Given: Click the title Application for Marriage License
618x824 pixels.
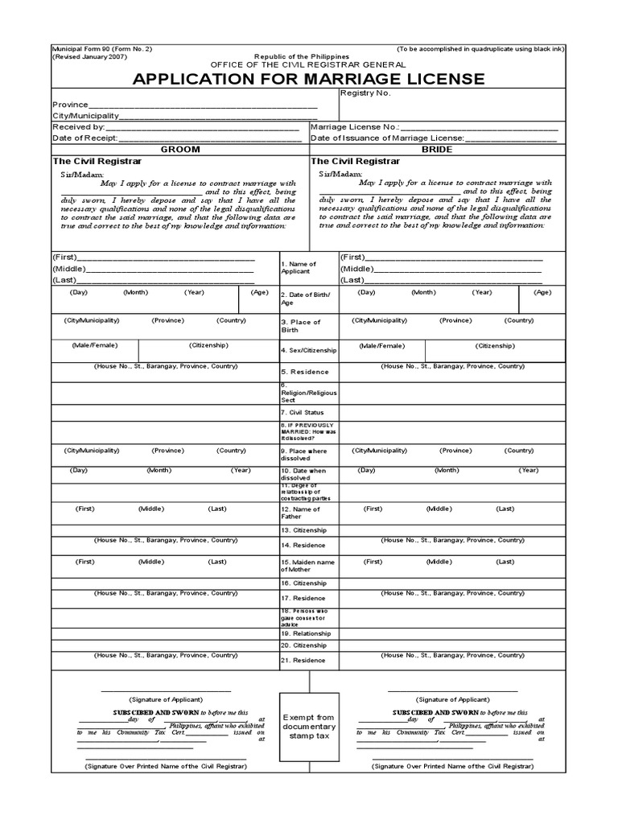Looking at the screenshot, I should click(309, 79).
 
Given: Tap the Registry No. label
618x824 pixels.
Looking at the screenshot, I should click(365, 93).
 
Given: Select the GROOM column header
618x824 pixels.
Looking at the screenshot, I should click(180, 150).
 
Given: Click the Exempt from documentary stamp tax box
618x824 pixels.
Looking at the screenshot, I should click(309, 727).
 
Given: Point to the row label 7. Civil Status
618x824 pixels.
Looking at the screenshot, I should click(303, 412).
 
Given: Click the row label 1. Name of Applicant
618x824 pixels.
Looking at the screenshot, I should click(299, 268).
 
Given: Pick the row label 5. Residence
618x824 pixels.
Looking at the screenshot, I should click(305, 372).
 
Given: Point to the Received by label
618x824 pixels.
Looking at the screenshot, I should click(78, 127).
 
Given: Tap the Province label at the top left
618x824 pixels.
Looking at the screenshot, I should click(69, 105).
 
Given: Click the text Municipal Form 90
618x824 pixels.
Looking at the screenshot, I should click(83, 49).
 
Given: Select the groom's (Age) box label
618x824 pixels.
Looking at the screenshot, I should click(259, 293).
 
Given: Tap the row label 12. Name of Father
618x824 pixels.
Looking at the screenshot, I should click(300, 513).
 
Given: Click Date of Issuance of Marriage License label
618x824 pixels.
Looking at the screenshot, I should click(377, 138).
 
